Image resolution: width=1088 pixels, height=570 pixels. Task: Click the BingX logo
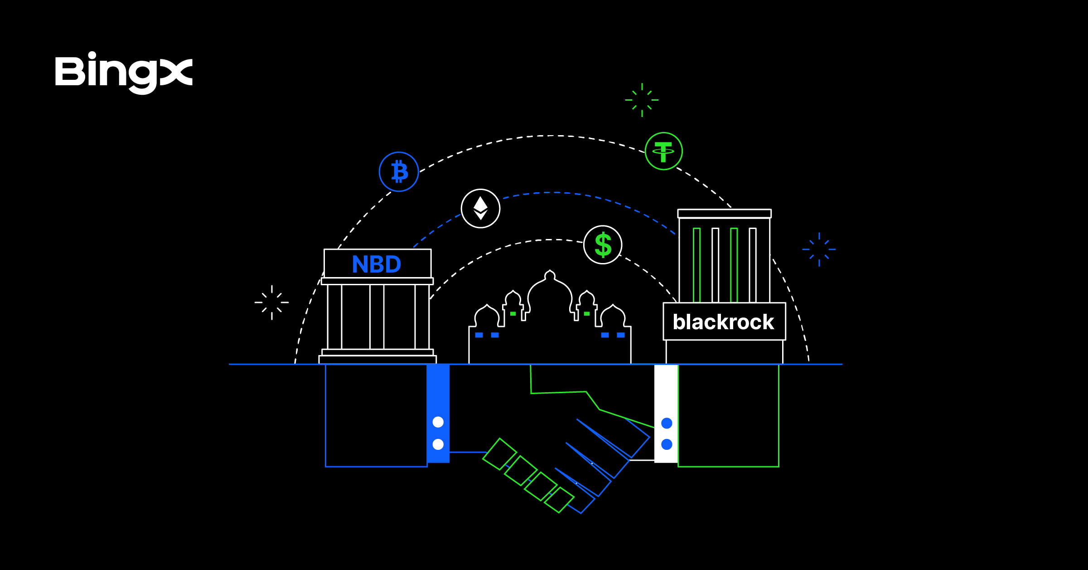pyautogui.click(x=123, y=73)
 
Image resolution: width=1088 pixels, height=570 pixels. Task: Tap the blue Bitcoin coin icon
pyautogui.click(x=399, y=172)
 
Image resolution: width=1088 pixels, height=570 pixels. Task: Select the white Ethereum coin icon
pyautogui.click(x=480, y=209)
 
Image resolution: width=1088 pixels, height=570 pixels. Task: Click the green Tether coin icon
pyautogui.click(x=663, y=151)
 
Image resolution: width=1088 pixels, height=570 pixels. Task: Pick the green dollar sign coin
pyautogui.click(x=603, y=245)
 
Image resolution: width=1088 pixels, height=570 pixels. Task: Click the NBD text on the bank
pyautogui.click(x=377, y=264)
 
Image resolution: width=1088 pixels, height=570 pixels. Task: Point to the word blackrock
pyautogui.click(x=723, y=322)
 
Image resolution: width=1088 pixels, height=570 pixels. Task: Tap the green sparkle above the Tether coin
pyautogui.click(x=642, y=100)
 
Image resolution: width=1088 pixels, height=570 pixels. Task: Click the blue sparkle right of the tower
pyautogui.click(x=819, y=249)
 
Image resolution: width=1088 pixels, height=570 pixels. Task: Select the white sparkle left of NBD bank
pyautogui.click(x=271, y=302)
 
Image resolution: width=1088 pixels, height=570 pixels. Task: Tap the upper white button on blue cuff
pyautogui.click(x=438, y=422)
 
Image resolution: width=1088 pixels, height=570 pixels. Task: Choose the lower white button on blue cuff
pyautogui.click(x=438, y=444)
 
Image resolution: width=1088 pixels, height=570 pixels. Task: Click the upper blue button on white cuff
pyautogui.click(x=667, y=424)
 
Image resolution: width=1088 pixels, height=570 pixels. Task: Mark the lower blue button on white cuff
pyautogui.click(x=667, y=444)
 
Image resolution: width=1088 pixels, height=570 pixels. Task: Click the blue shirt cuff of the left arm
pyautogui.click(x=438, y=395)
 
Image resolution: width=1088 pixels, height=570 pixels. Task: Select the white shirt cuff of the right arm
pyautogui.click(x=666, y=395)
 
